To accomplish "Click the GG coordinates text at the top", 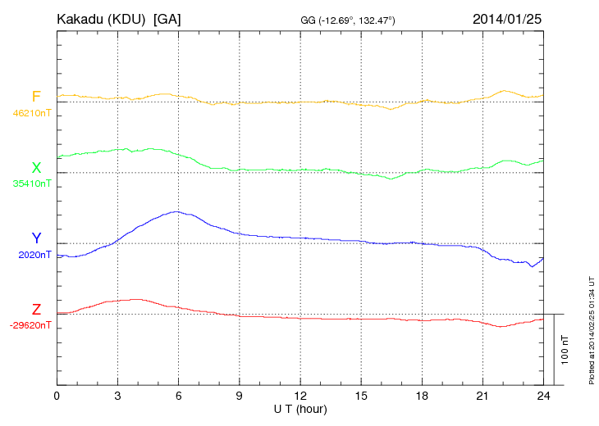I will [x=349, y=19].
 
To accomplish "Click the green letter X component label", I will [x=36, y=168].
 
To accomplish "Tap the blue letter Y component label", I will [x=36, y=238].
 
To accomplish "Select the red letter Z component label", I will [x=36, y=309].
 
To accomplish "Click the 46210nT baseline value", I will [x=32, y=113].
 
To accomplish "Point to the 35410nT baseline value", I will [x=32, y=184].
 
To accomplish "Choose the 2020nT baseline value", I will [x=34, y=255].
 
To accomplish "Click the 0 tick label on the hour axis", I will [x=57, y=396].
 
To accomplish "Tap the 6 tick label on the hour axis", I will [x=179, y=396].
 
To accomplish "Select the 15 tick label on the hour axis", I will [x=361, y=396].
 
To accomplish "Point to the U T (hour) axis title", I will [x=300, y=408].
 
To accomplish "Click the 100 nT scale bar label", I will [x=565, y=349].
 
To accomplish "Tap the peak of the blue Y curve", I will [x=176, y=211].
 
